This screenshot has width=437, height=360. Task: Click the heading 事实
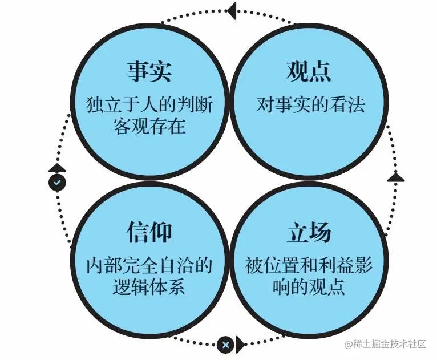[x=149, y=73]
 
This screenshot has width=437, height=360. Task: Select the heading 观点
[x=309, y=73]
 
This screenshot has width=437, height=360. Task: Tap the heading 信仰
[x=149, y=233]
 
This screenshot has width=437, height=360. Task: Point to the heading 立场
[x=309, y=233]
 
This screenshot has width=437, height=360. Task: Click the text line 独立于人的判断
[x=149, y=105]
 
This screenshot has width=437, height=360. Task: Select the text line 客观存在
[x=149, y=126]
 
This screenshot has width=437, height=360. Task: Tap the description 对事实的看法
[x=311, y=105]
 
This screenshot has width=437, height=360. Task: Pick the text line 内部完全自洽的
[x=149, y=265]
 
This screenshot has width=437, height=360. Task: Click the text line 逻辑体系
[x=149, y=286]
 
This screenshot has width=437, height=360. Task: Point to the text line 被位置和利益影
[x=309, y=265]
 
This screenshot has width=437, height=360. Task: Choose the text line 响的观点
[x=309, y=286]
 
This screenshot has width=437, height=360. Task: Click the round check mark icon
[x=57, y=183]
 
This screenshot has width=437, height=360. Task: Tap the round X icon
[x=225, y=345]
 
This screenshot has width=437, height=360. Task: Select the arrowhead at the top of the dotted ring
[x=231, y=9]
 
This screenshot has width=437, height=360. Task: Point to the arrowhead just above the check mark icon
[x=57, y=168]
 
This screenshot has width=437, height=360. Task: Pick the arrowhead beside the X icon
[x=241, y=344]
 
